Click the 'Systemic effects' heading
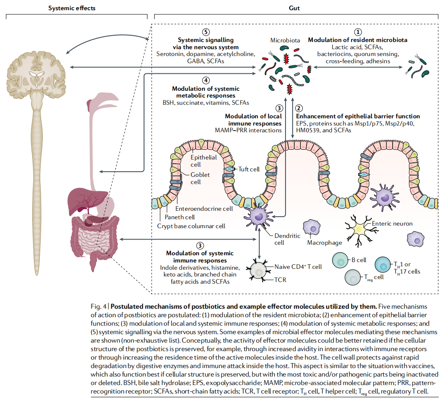click(72, 8)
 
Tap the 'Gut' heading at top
click(294, 8)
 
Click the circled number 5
click(206, 32)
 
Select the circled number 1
click(357, 32)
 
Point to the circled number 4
click(206, 81)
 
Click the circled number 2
click(299, 108)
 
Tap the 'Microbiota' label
click(285, 40)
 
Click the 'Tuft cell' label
click(249, 169)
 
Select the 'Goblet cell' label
click(200, 178)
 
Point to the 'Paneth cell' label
click(180, 217)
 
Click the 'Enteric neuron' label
click(392, 223)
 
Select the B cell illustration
click(340, 260)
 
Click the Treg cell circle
click(353, 277)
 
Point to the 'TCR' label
click(280, 280)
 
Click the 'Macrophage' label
click(324, 243)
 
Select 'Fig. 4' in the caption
click(98, 307)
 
